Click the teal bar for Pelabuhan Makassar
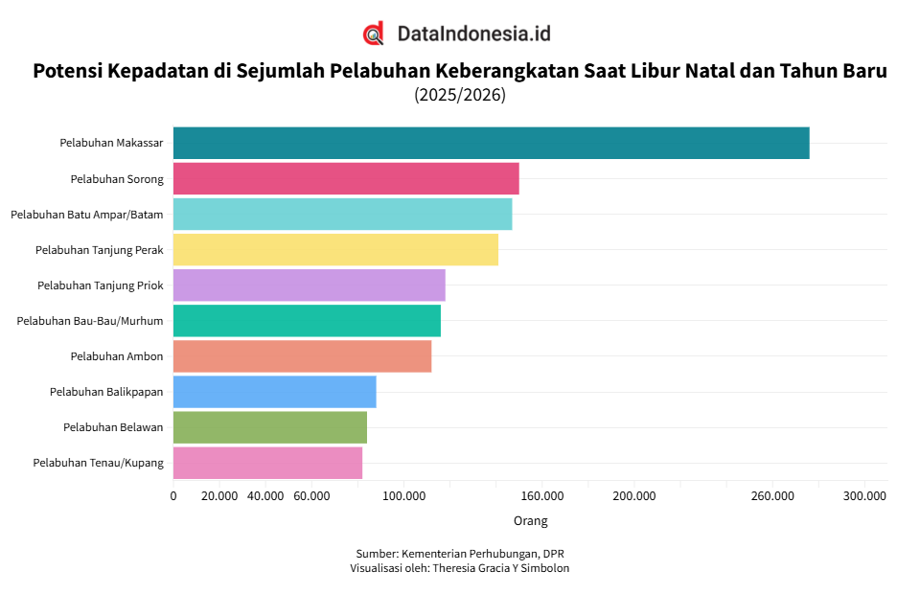click(491, 143)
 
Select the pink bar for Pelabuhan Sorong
click(346, 178)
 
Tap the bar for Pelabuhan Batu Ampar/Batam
click(342, 214)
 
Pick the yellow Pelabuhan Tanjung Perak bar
click(335, 249)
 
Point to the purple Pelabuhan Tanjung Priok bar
click(309, 285)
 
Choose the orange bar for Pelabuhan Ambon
click(302, 355)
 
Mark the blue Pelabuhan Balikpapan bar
click(274, 391)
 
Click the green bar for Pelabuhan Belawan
click(269, 426)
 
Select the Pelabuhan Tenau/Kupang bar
click(267, 462)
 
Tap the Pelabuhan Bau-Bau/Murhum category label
click(89, 320)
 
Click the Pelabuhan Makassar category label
click(111, 143)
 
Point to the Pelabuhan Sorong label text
click(117, 178)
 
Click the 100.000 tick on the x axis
click(403, 495)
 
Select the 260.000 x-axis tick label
click(772, 495)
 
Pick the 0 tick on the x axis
click(173, 495)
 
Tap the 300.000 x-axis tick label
click(864, 495)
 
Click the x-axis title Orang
click(530, 520)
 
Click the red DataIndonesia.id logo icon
click(374, 34)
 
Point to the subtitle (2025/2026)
click(460, 95)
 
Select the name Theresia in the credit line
click(454, 567)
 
